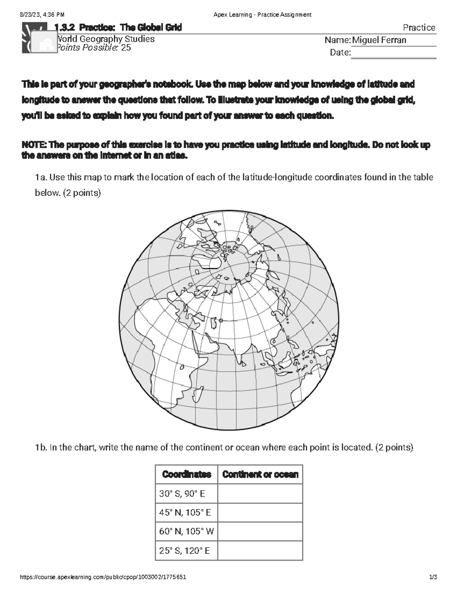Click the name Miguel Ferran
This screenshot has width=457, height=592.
coord(379,40)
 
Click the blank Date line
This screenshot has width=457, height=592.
coord(393,53)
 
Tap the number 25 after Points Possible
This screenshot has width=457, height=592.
coord(126,48)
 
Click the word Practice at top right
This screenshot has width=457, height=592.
coord(419,27)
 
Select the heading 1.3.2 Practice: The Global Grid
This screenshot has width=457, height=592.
coord(118,27)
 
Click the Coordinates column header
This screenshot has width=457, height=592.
coord(186,474)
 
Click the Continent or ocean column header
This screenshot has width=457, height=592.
coord(260,474)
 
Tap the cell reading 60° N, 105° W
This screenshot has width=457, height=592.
coord(186,531)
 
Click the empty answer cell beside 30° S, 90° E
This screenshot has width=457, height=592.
coord(260,494)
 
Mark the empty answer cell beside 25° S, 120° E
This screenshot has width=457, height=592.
coord(260,550)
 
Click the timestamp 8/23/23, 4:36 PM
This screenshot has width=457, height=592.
coord(42,15)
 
